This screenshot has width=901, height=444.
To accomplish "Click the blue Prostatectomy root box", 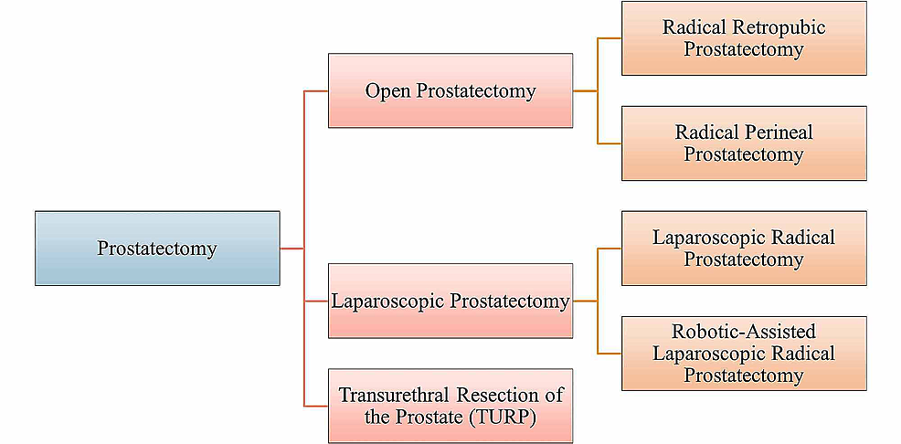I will point(157,248).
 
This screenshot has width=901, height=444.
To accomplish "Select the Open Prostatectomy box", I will point(450,90).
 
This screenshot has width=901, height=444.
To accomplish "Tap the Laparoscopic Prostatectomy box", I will point(450,301).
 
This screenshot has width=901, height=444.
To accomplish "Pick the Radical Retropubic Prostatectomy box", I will point(744,37).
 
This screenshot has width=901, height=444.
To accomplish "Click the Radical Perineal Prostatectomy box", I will point(744,143).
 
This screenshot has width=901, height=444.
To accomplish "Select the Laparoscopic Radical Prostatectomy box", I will point(744,248).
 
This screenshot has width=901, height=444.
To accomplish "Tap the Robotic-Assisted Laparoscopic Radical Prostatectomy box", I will point(744,354).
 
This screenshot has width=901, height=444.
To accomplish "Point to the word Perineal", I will point(768,132).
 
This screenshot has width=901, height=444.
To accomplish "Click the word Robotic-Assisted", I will point(744,332).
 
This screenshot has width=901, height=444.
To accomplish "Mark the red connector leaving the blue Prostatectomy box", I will point(291,248).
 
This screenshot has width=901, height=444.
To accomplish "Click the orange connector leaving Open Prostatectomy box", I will point(585,91).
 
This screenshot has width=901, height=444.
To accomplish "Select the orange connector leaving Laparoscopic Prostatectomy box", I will point(585,301).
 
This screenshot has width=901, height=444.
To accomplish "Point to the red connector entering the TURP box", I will point(316,406).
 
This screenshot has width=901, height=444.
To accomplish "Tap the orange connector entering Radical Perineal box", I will point(609,143).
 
